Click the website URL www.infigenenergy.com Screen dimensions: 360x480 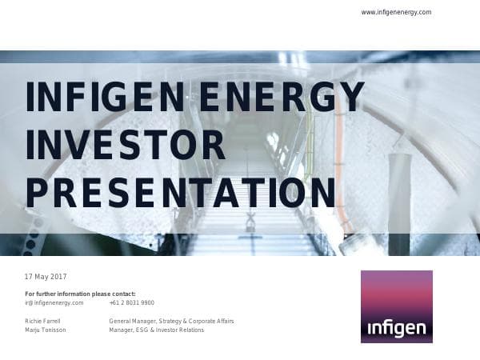396,12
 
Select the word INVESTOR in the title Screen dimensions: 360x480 126,145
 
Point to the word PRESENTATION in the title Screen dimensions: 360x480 180,193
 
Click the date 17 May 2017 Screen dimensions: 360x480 46,277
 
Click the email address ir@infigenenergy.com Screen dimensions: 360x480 54,302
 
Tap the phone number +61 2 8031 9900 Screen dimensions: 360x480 132,302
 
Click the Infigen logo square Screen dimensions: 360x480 396,306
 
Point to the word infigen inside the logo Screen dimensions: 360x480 396,328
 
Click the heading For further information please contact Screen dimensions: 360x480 81,294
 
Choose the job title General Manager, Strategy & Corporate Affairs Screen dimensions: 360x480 171,321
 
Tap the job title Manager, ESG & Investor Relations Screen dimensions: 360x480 157,330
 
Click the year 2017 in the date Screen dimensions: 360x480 58,277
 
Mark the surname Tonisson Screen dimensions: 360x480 54,330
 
